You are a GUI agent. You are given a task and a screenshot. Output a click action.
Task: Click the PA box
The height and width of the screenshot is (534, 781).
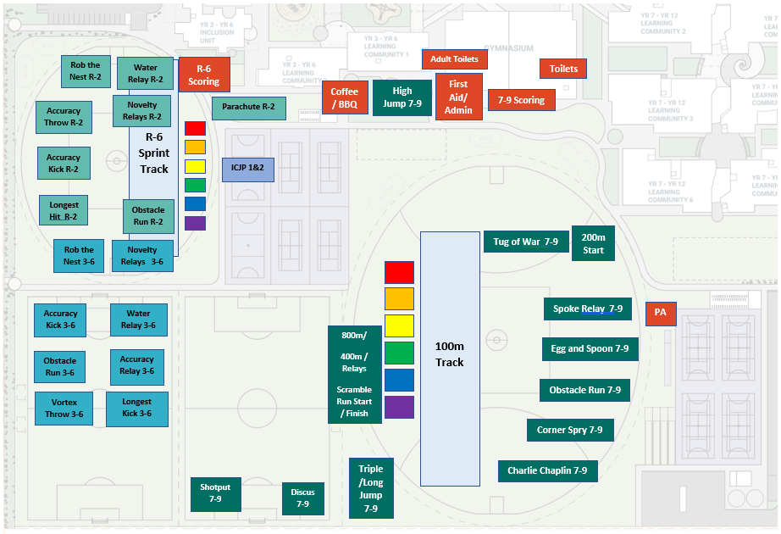(x=660, y=313)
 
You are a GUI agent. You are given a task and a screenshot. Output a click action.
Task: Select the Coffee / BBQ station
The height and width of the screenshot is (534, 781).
(x=344, y=97)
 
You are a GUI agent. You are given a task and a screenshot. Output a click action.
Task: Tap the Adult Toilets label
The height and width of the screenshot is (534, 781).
(x=454, y=59)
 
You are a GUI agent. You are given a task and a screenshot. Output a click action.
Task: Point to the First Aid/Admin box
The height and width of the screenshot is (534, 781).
(x=458, y=97)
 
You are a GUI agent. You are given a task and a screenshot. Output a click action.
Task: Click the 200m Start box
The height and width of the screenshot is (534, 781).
(x=593, y=244)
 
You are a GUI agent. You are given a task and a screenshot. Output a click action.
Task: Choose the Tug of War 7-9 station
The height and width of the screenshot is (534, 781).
(x=525, y=242)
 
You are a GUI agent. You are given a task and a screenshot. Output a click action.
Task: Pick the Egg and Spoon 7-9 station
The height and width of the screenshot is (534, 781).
(x=590, y=349)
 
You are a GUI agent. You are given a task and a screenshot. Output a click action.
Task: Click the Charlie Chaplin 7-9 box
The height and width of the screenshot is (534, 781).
(x=547, y=471)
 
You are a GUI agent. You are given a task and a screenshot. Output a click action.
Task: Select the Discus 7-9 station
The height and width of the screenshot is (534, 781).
(x=302, y=498)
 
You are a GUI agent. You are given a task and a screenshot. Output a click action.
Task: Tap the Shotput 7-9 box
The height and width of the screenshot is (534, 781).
(x=215, y=493)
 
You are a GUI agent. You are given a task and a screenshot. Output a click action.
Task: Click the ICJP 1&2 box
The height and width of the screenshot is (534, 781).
(x=247, y=169)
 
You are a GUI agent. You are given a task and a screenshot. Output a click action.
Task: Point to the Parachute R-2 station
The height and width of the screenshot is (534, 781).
(x=249, y=108)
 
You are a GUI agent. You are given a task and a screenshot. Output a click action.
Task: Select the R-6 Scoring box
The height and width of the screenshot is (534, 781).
(x=203, y=75)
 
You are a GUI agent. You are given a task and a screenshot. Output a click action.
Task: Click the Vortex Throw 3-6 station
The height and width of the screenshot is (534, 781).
(x=64, y=409)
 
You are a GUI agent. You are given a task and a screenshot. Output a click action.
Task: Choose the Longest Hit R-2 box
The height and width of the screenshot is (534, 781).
(x=64, y=211)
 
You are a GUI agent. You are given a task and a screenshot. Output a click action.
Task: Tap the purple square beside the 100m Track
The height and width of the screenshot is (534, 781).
(x=399, y=407)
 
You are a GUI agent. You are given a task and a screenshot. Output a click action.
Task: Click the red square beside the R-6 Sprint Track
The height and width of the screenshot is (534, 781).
(x=195, y=128)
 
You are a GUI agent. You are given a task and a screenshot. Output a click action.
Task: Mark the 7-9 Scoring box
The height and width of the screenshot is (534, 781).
(x=521, y=100)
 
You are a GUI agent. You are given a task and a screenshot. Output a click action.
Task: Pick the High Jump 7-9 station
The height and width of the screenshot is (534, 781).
(x=402, y=97)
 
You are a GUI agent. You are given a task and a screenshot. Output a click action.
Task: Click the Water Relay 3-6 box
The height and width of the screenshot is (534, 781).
(x=138, y=320)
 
